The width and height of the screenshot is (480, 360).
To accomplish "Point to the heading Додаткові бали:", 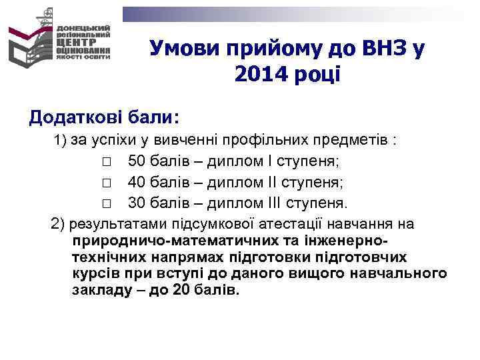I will coord(103,117).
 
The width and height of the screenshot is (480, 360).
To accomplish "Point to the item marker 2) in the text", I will coord(58,223).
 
